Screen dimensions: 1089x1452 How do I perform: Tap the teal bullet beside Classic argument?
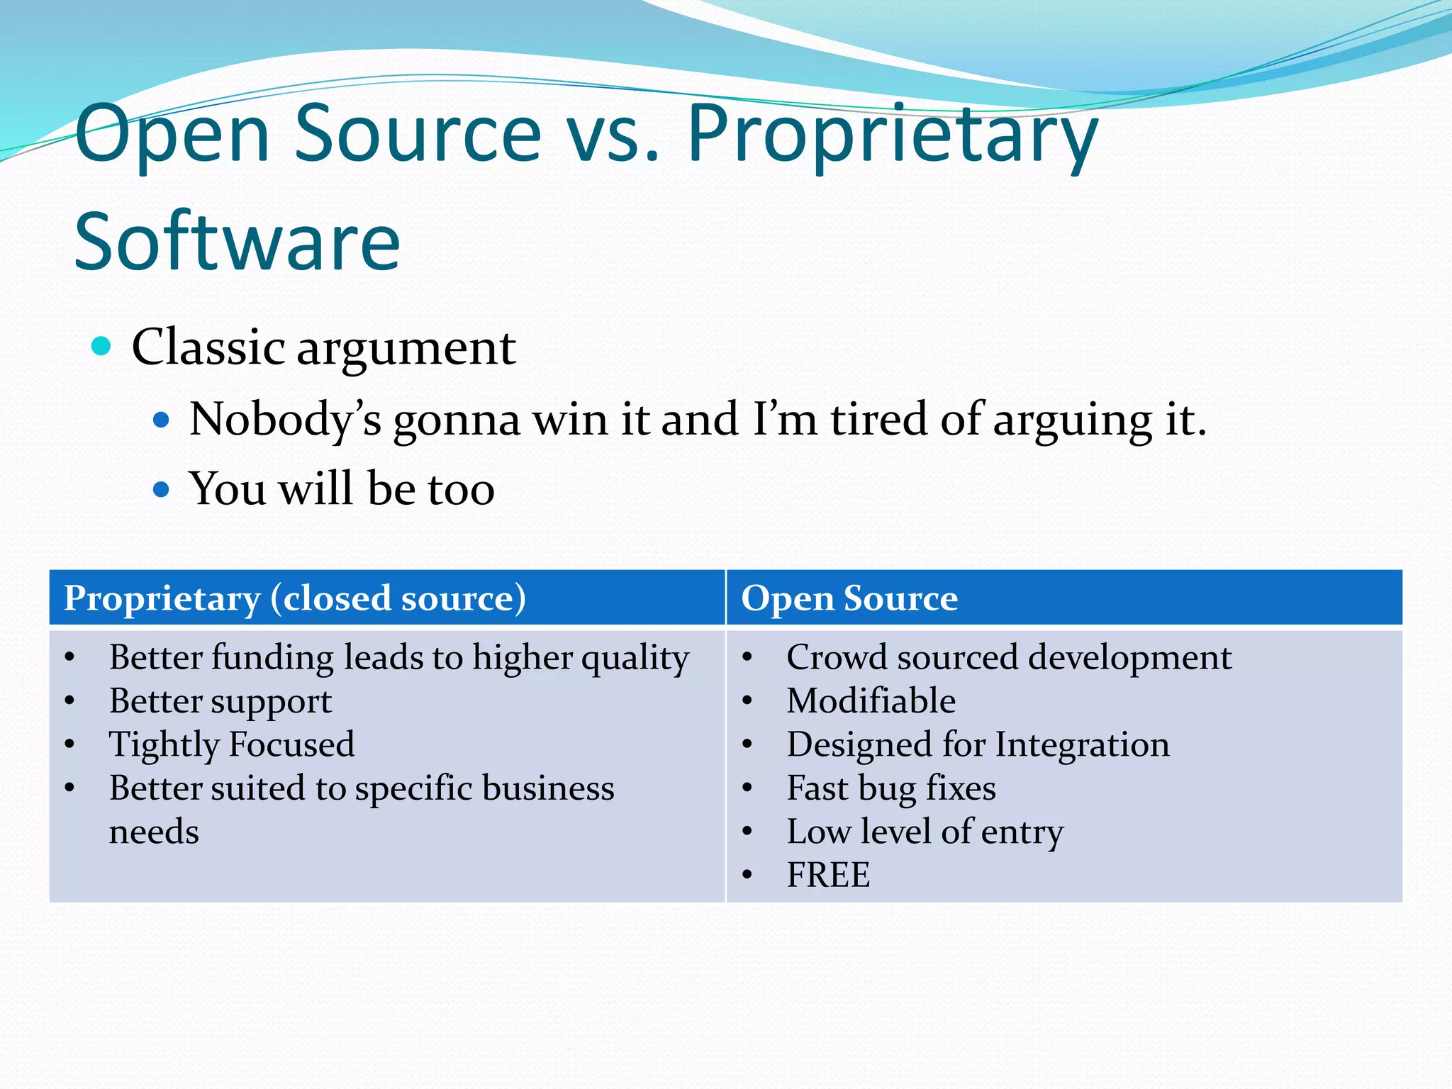click(102, 346)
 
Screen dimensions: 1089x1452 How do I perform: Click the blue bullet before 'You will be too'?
click(162, 489)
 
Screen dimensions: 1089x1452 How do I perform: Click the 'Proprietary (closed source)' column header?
click(295, 598)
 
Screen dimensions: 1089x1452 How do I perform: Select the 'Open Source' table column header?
click(849, 598)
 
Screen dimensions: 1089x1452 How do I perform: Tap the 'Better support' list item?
click(220, 701)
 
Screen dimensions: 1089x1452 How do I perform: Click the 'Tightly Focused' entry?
click(231, 744)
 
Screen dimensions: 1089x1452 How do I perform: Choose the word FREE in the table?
click(828, 875)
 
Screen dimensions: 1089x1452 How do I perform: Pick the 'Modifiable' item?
click(871, 701)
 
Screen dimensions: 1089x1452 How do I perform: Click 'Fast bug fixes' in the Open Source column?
click(891, 788)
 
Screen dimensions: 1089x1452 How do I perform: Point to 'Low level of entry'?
click(925, 832)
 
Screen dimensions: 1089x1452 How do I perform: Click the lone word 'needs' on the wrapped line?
click(154, 832)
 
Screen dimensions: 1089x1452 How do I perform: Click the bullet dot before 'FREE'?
click(747, 875)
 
